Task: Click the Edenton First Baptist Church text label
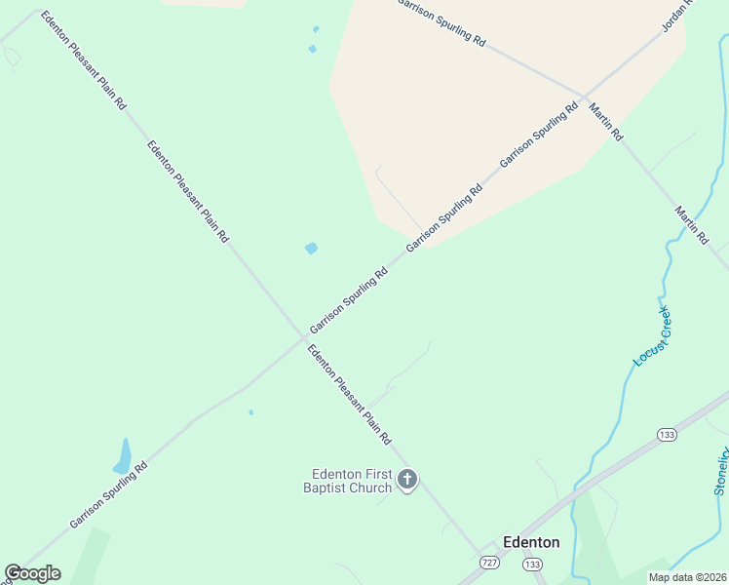pyautogui.click(x=351, y=481)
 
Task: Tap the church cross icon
pyautogui.click(x=407, y=479)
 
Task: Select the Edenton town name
pyautogui.click(x=530, y=542)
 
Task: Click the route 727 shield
pyautogui.click(x=491, y=564)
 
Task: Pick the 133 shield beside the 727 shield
pyautogui.click(x=532, y=565)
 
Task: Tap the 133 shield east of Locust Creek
pyautogui.click(x=667, y=434)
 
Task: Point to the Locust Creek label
pyautogui.click(x=652, y=336)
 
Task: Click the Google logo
pyautogui.click(x=32, y=573)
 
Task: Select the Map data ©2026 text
pyautogui.click(x=687, y=577)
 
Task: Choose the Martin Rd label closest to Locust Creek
pyautogui.click(x=692, y=225)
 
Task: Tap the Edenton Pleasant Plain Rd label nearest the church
pyautogui.click(x=349, y=394)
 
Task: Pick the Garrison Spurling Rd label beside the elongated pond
pyautogui.click(x=108, y=494)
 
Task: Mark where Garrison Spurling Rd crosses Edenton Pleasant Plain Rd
pyautogui.click(x=302, y=340)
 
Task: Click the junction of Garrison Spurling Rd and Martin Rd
pyautogui.click(x=585, y=97)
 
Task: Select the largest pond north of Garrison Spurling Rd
pyautogui.click(x=311, y=249)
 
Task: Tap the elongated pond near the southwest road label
pyautogui.click(x=124, y=456)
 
